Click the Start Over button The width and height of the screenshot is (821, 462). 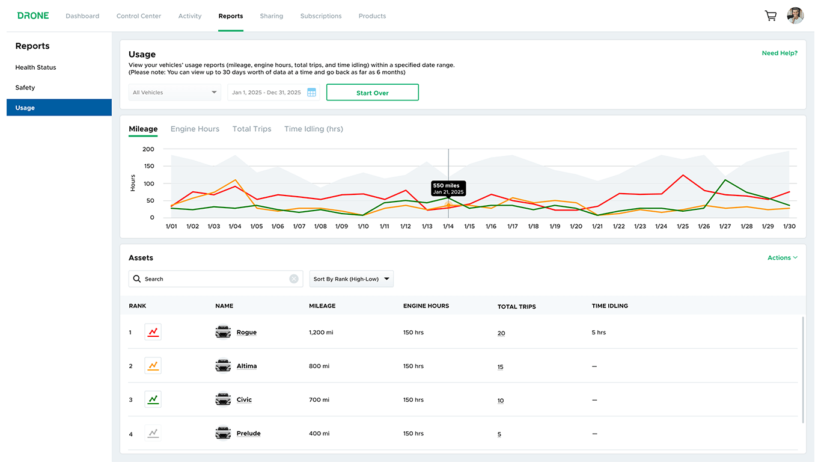click(x=372, y=93)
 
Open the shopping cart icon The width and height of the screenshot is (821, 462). click(x=770, y=16)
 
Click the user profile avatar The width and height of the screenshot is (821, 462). click(x=795, y=16)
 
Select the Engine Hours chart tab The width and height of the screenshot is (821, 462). click(x=195, y=129)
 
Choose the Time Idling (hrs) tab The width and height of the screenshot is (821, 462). click(x=313, y=129)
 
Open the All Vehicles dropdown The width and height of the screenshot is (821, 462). click(x=175, y=93)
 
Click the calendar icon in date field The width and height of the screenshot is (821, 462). click(x=311, y=93)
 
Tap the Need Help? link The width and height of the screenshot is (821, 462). click(x=779, y=53)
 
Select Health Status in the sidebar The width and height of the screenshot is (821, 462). click(x=35, y=67)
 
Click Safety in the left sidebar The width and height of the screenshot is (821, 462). click(x=25, y=88)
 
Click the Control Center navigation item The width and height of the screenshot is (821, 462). click(x=139, y=16)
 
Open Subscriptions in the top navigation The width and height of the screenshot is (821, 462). click(x=320, y=16)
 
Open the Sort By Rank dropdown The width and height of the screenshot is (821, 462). click(x=352, y=279)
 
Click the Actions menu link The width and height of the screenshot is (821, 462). click(x=782, y=257)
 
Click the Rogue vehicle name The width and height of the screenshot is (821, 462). click(x=246, y=332)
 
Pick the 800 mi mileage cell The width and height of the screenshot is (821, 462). click(x=320, y=366)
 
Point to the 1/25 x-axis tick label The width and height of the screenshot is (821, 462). click(x=682, y=227)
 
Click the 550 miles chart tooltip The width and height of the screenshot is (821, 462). click(x=448, y=188)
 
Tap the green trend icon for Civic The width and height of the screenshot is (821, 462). click(x=153, y=399)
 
